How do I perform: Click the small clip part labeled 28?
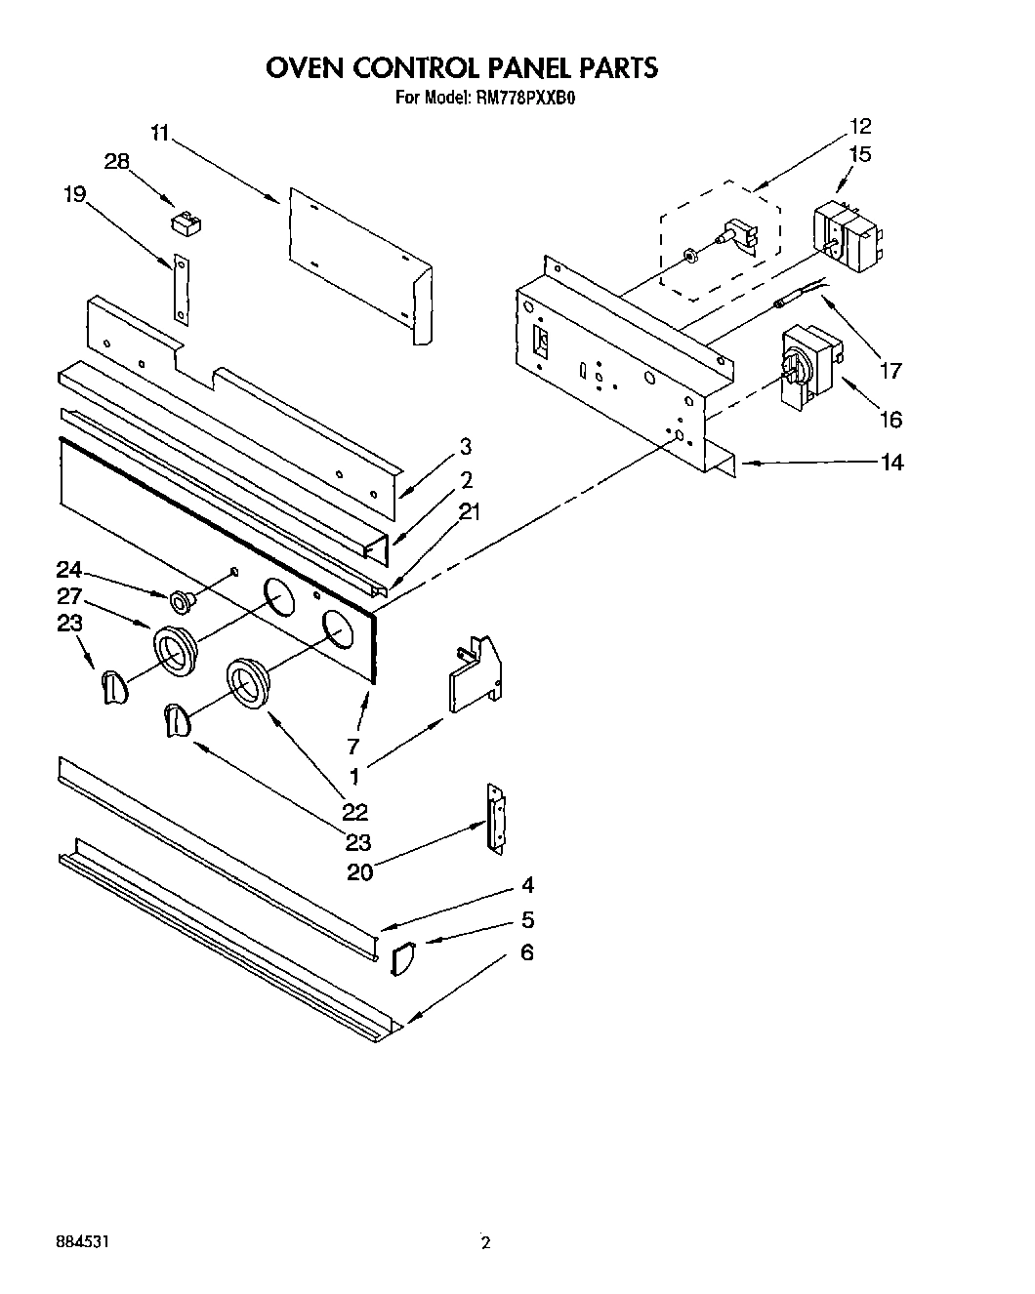[x=185, y=223]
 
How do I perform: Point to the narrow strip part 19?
[x=181, y=286]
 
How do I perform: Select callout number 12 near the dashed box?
[x=860, y=126]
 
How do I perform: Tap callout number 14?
[x=891, y=462]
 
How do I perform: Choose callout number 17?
[x=890, y=371]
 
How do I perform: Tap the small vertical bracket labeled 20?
[x=495, y=818]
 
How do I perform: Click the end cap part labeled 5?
[x=402, y=959]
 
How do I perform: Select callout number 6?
[x=526, y=951]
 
